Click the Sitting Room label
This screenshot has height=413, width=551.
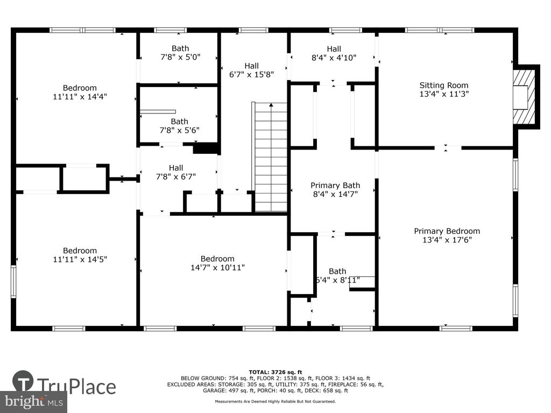click(444, 86)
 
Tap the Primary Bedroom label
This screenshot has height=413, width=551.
click(447, 231)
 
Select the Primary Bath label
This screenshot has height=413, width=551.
click(335, 186)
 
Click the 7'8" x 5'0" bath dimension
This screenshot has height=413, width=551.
click(180, 57)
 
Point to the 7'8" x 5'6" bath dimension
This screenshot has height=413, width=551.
click(180, 130)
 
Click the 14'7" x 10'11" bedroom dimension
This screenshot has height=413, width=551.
click(217, 268)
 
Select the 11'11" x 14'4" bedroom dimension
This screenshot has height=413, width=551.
click(80, 97)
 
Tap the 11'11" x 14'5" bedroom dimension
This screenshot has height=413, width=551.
click(80, 260)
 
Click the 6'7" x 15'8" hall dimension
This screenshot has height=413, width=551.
click(252, 74)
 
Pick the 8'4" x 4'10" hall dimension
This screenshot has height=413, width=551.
click(334, 58)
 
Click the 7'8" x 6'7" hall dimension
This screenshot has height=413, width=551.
click(176, 176)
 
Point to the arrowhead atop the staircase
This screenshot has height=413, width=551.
click(271, 105)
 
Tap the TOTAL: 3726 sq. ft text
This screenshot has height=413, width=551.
click(275, 372)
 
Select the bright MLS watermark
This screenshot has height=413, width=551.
click(34, 401)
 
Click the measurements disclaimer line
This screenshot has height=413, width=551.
click(275, 401)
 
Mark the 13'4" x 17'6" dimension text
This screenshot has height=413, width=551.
click(447, 240)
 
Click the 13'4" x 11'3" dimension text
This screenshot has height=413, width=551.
click(444, 94)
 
